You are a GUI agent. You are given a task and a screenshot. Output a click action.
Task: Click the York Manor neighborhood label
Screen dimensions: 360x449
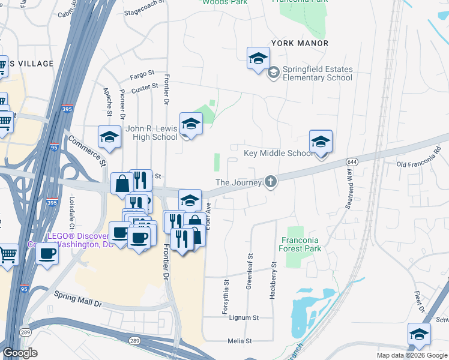(300, 43)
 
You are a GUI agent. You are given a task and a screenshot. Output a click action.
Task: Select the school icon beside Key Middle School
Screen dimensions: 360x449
(321, 143)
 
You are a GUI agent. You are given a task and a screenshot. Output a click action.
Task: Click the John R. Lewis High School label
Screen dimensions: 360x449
(151, 133)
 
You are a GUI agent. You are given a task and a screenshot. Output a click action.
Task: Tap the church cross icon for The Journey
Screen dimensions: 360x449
(271, 182)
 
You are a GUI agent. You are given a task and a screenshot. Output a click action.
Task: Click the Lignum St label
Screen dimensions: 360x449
(244, 317)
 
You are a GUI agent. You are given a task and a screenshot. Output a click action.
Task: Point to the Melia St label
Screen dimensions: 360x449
(240, 341)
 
